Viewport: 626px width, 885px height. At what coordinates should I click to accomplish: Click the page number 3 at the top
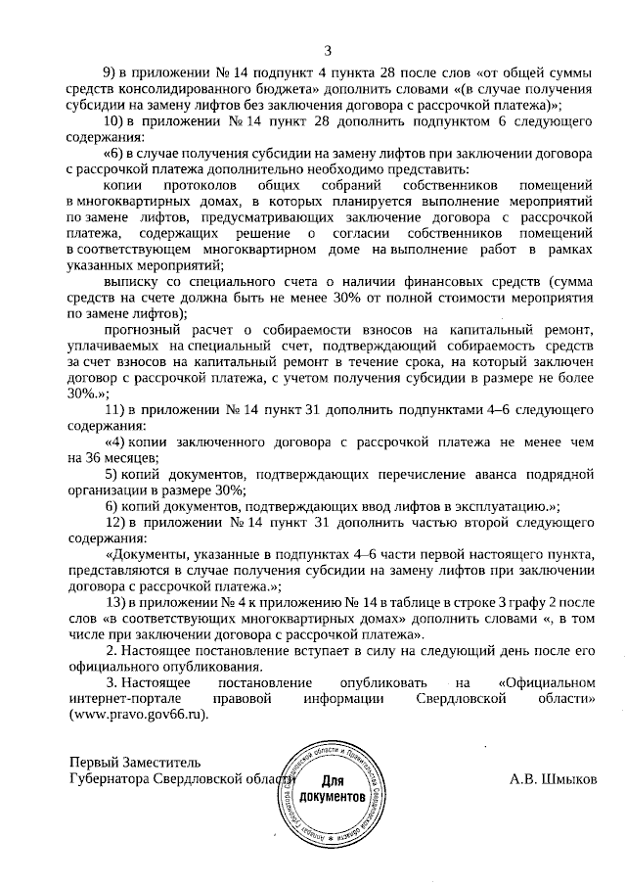(x=327, y=50)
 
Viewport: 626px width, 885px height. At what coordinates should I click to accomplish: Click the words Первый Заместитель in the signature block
(x=134, y=764)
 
